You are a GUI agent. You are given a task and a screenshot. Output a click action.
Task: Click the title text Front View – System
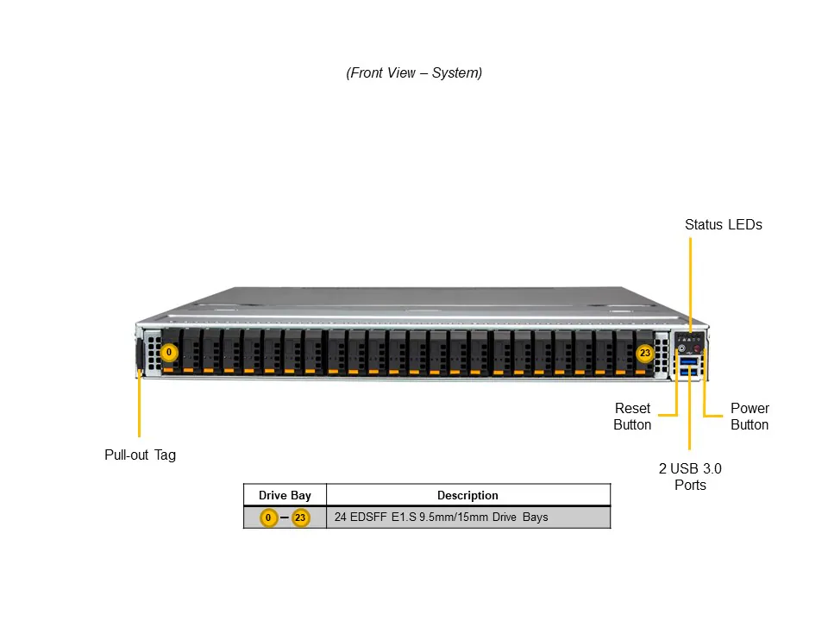click(414, 73)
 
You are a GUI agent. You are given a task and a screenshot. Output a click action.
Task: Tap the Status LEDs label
click(723, 225)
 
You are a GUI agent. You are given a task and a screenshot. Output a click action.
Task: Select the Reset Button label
click(632, 417)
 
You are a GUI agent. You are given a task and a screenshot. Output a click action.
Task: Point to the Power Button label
click(749, 417)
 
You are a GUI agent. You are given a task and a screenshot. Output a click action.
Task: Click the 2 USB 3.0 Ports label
click(690, 477)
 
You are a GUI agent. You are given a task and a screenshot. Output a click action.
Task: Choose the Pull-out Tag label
click(140, 455)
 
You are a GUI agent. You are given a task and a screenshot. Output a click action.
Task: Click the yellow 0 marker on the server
click(169, 353)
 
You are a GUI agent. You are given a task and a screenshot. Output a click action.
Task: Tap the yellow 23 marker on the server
click(644, 353)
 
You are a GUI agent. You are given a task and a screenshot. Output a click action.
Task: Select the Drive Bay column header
click(285, 495)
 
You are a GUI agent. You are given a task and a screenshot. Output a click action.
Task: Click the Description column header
click(467, 495)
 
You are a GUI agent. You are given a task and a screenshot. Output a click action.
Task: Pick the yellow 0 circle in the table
click(269, 518)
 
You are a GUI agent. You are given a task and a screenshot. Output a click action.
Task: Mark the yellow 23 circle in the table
click(300, 518)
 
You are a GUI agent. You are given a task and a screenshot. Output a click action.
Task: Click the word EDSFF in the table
click(368, 518)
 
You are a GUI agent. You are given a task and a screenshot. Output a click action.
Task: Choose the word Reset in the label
click(632, 409)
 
